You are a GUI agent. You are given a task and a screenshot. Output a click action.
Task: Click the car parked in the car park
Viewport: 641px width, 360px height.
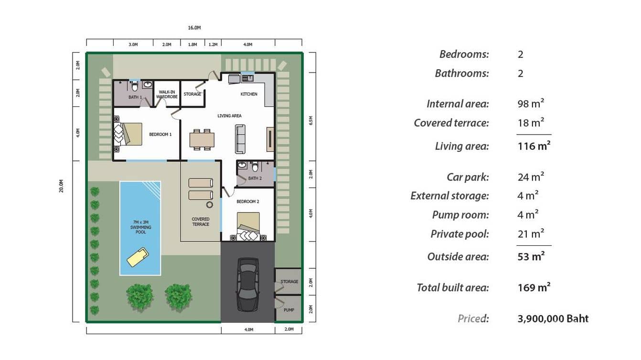[x=248, y=285]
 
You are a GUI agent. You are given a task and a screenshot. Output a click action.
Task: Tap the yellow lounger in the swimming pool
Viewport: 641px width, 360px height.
[x=137, y=256]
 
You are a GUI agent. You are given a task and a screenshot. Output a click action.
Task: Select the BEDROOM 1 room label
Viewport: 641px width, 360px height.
[x=160, y=135]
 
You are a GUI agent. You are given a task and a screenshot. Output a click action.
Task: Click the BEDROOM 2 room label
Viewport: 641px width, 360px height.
[x=247, y=201]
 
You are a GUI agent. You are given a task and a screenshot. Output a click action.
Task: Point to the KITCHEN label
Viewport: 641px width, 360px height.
[x=249, y=94]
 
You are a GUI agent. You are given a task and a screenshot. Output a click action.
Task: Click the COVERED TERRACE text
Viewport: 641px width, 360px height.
[x=201, y=222]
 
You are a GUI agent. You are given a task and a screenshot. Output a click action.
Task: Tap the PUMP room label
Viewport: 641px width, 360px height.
[x=288, y=310]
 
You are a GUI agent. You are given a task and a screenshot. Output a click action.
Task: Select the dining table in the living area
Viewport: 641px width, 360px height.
[x=202, y=139]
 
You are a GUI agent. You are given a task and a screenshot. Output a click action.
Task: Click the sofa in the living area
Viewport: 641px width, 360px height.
[x=240, y=139]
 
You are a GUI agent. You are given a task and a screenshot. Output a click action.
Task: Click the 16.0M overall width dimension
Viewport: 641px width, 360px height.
[x=194, y=28]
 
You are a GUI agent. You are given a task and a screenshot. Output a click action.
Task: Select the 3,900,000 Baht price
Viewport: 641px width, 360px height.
[x=553, y=318]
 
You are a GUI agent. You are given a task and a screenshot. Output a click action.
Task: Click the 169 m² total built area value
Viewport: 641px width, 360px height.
[x=534, y=287]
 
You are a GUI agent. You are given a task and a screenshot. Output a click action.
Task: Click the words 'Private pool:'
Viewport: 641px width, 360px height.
[x=459, y=234]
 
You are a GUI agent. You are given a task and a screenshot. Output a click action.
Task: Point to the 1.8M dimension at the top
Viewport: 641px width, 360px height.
[x=192, y=44]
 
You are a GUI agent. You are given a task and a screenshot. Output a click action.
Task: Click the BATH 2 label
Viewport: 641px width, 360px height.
[x=255, y=178]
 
